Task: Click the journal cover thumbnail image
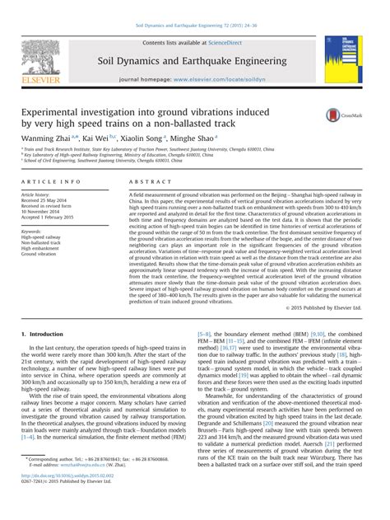(x=342, y=59)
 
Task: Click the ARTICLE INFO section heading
(x=50, y=180)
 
